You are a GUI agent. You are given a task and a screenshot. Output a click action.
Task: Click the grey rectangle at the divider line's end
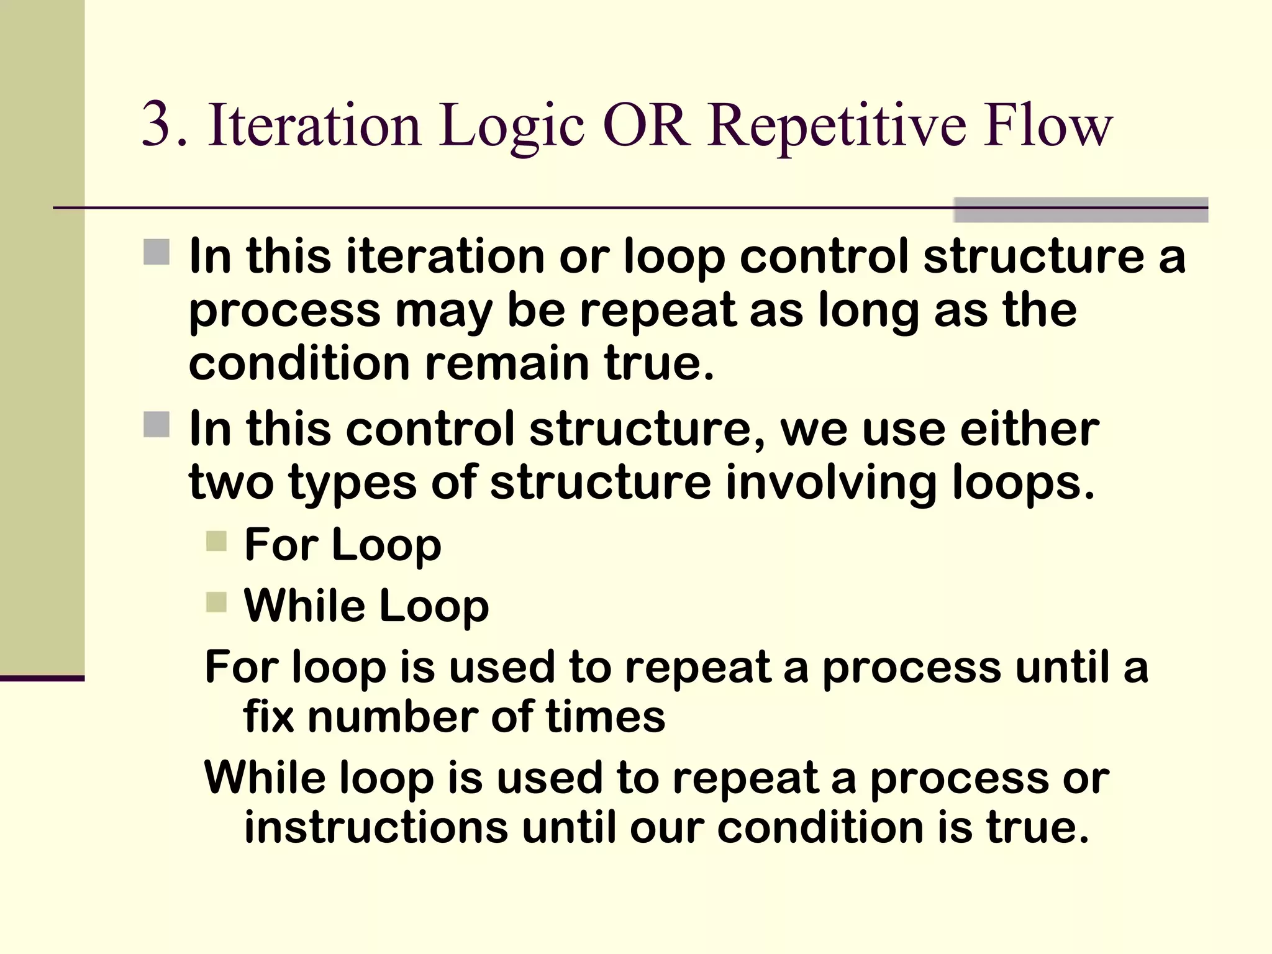(x=1080, y=210)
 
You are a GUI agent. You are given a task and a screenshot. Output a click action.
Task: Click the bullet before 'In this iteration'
(x=157, y=252)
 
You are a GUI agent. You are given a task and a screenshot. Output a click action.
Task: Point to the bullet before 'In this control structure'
(x=157, y=425)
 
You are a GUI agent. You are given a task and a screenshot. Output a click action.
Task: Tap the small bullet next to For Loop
(x=216, y=541)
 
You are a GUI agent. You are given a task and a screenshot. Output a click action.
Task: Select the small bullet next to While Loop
(x=216, y=602)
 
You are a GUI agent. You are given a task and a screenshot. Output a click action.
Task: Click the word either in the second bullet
(x=1030, y=429)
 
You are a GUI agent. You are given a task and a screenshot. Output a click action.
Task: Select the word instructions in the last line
(x=376, y=827)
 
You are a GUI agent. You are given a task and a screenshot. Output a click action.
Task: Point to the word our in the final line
(x=667, y=829)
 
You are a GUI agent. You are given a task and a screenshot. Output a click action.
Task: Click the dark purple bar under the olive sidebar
(x=42, y=678)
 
